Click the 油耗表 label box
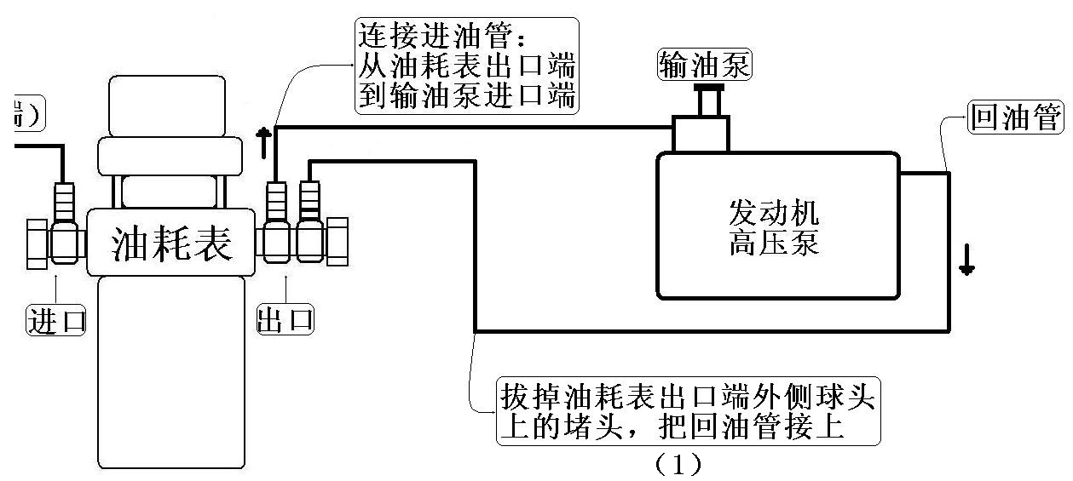tap(171, 243)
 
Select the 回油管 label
tap(1017, 118)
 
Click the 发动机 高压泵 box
tap(776, 225)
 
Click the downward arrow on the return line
tap(966, 261)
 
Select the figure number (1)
tap(678, 464)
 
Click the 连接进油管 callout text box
tap(465, 66)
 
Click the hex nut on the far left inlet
tap(36, 244)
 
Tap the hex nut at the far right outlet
tap(337, 241)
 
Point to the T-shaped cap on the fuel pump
tap(708, 97)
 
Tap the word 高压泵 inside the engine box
tap(774, 243)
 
